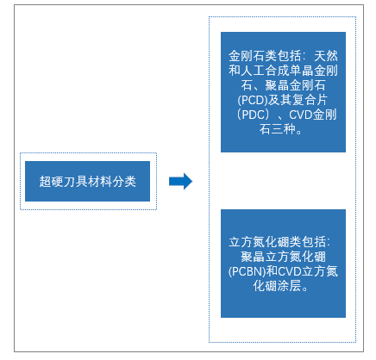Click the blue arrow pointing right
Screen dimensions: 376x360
[180, 181]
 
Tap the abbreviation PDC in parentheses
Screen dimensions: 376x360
[253, 115]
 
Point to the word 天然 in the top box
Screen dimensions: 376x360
[326, 56]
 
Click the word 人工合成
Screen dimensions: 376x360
[265, 71]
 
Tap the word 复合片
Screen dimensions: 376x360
[310, 100]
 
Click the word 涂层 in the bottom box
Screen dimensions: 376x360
[289, 286]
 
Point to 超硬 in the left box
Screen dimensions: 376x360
[51, 182]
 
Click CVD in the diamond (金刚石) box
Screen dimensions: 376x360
[301, 115]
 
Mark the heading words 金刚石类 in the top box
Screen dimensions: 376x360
[253, 56]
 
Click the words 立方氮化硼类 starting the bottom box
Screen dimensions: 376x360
[265, 242]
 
